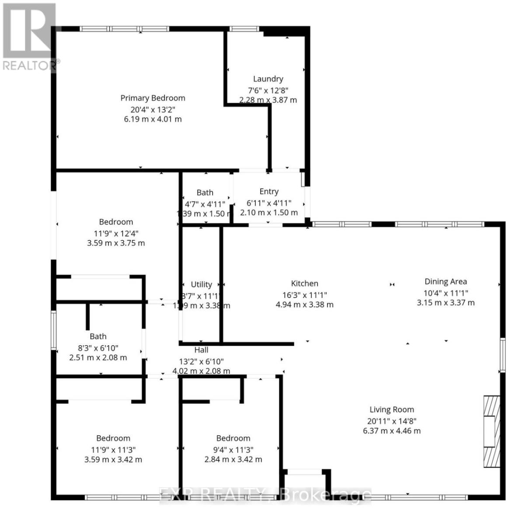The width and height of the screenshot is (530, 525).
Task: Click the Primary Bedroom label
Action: (153, 98)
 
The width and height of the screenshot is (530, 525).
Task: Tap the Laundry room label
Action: (268, 79)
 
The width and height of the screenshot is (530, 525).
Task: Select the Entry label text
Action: (269, 192)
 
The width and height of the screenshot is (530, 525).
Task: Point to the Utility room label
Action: (201, 284)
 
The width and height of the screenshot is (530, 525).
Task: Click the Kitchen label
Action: (304, 283)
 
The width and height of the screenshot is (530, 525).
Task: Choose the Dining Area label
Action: (446, 282)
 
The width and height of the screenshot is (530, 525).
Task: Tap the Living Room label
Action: (391, 410)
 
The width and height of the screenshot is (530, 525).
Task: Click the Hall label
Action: (201, 350)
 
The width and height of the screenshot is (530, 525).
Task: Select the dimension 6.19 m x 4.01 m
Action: (153, 119)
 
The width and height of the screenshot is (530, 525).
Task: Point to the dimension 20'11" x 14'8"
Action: (391, 421)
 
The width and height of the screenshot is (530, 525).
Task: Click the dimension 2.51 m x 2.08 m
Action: (98, 357)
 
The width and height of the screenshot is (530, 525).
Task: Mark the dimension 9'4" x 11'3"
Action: (233, 449)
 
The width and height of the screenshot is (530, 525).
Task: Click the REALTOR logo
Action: (29, 37)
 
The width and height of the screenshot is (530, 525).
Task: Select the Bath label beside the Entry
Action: (205, 192)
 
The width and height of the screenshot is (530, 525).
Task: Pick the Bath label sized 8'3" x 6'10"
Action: (98, 336)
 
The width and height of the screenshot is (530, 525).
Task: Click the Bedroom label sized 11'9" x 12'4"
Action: (116, 222)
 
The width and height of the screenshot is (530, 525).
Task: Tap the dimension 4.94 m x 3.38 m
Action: (304, 304)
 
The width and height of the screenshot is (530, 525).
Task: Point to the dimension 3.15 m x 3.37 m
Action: (446, 303)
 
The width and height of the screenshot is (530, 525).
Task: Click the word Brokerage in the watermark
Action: (325, 495)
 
